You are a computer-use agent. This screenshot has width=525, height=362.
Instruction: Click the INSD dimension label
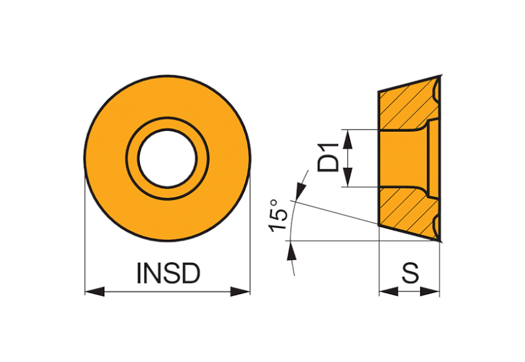(x=169, y=273)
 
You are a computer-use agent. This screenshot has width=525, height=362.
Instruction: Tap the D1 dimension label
(x=328, y=158)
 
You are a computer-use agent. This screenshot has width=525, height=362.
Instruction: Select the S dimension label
(x=410, y=273)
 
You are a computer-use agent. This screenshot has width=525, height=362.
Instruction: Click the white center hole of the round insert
(x=167, y=158)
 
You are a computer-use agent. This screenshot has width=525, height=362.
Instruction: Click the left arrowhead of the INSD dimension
(x=94, y=291)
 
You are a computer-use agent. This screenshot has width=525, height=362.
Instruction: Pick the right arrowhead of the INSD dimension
(x=240, y=291)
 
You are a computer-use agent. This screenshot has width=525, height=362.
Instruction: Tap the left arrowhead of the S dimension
(x=388, y=291)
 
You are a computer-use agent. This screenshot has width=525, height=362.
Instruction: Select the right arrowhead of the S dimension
(x=429, y=291)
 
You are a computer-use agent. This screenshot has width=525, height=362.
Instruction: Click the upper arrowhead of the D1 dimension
(x=348, y=140)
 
